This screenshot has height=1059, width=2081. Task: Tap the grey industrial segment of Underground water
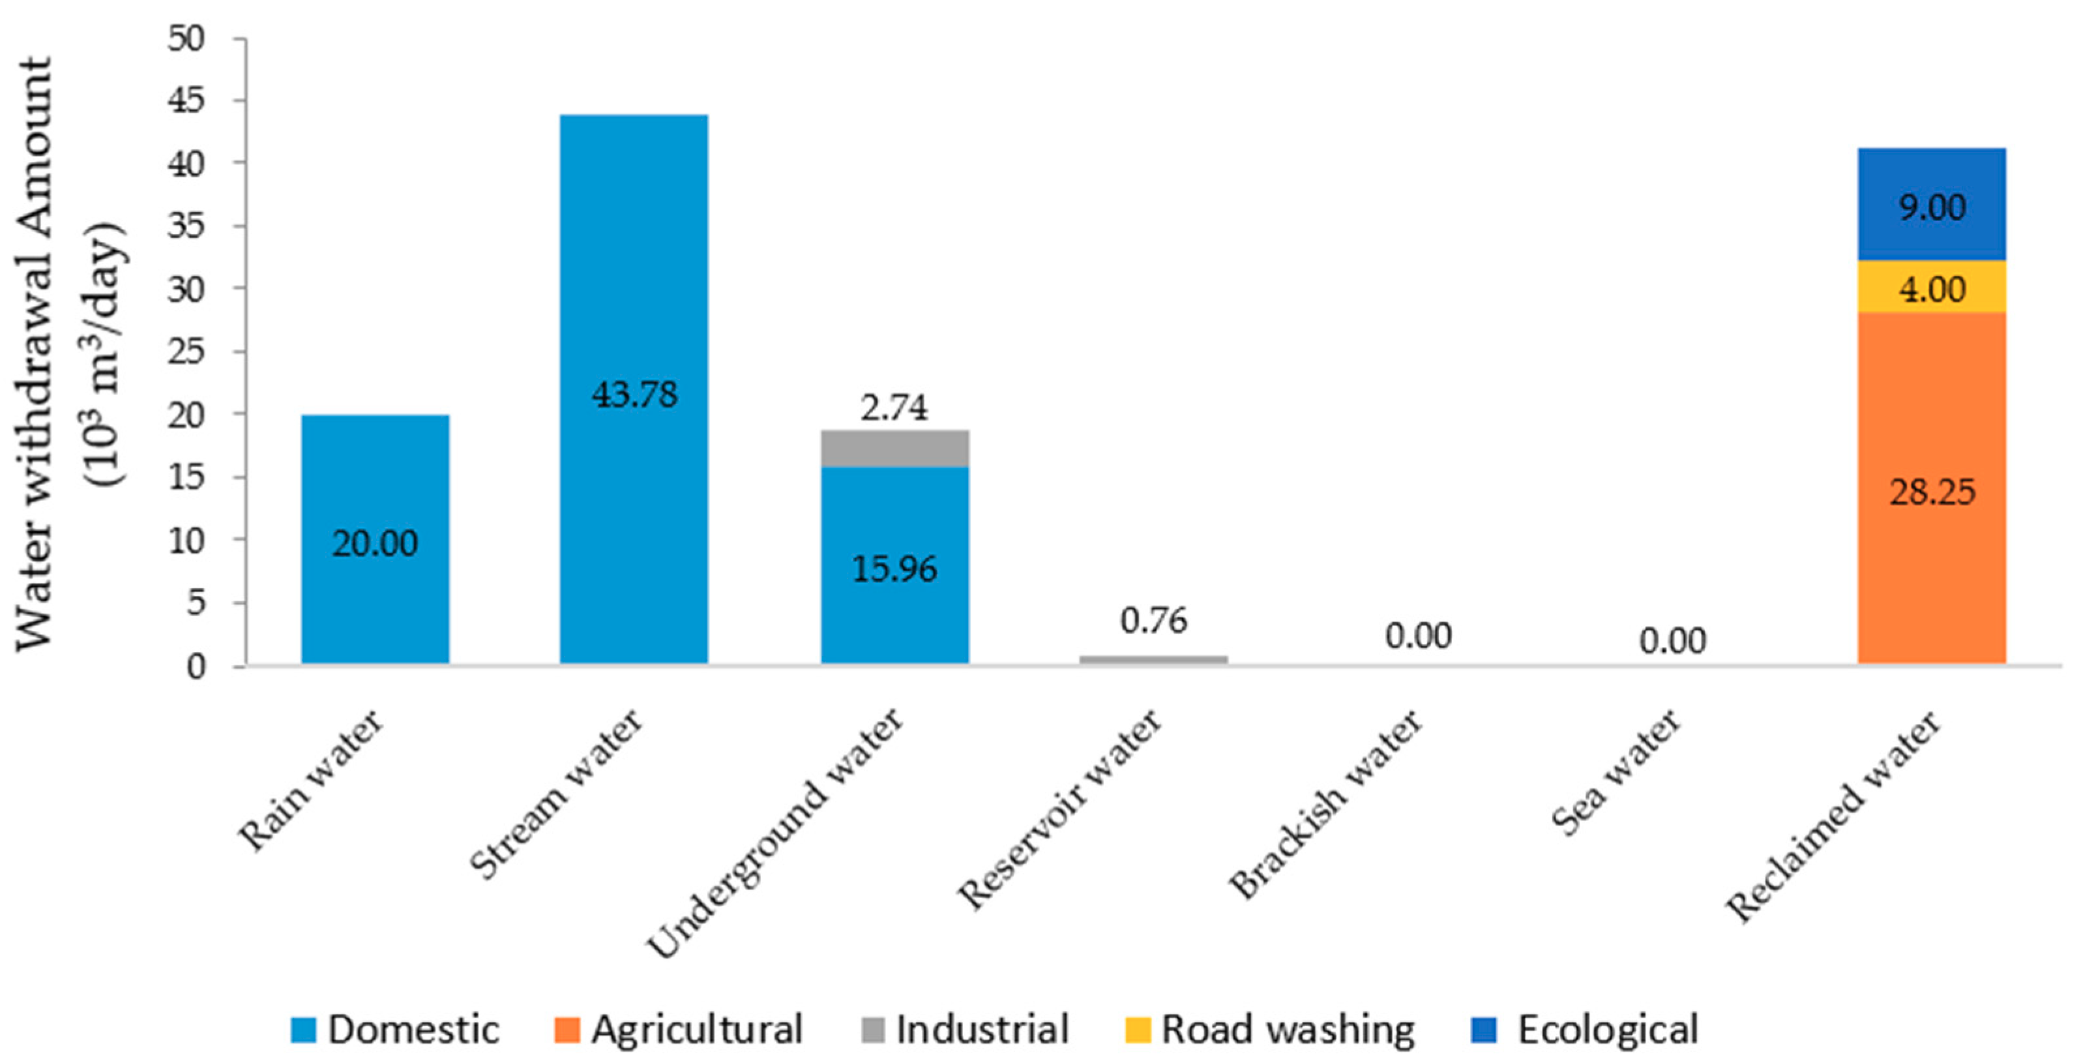point(895,449)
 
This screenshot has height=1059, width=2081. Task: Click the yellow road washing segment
point(1932,287)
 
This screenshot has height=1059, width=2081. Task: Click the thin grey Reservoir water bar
point(1153,659)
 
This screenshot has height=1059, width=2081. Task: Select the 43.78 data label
point(634,395)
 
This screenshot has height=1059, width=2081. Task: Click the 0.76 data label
point(1153,620)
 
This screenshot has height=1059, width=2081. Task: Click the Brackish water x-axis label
point(1325,804)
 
